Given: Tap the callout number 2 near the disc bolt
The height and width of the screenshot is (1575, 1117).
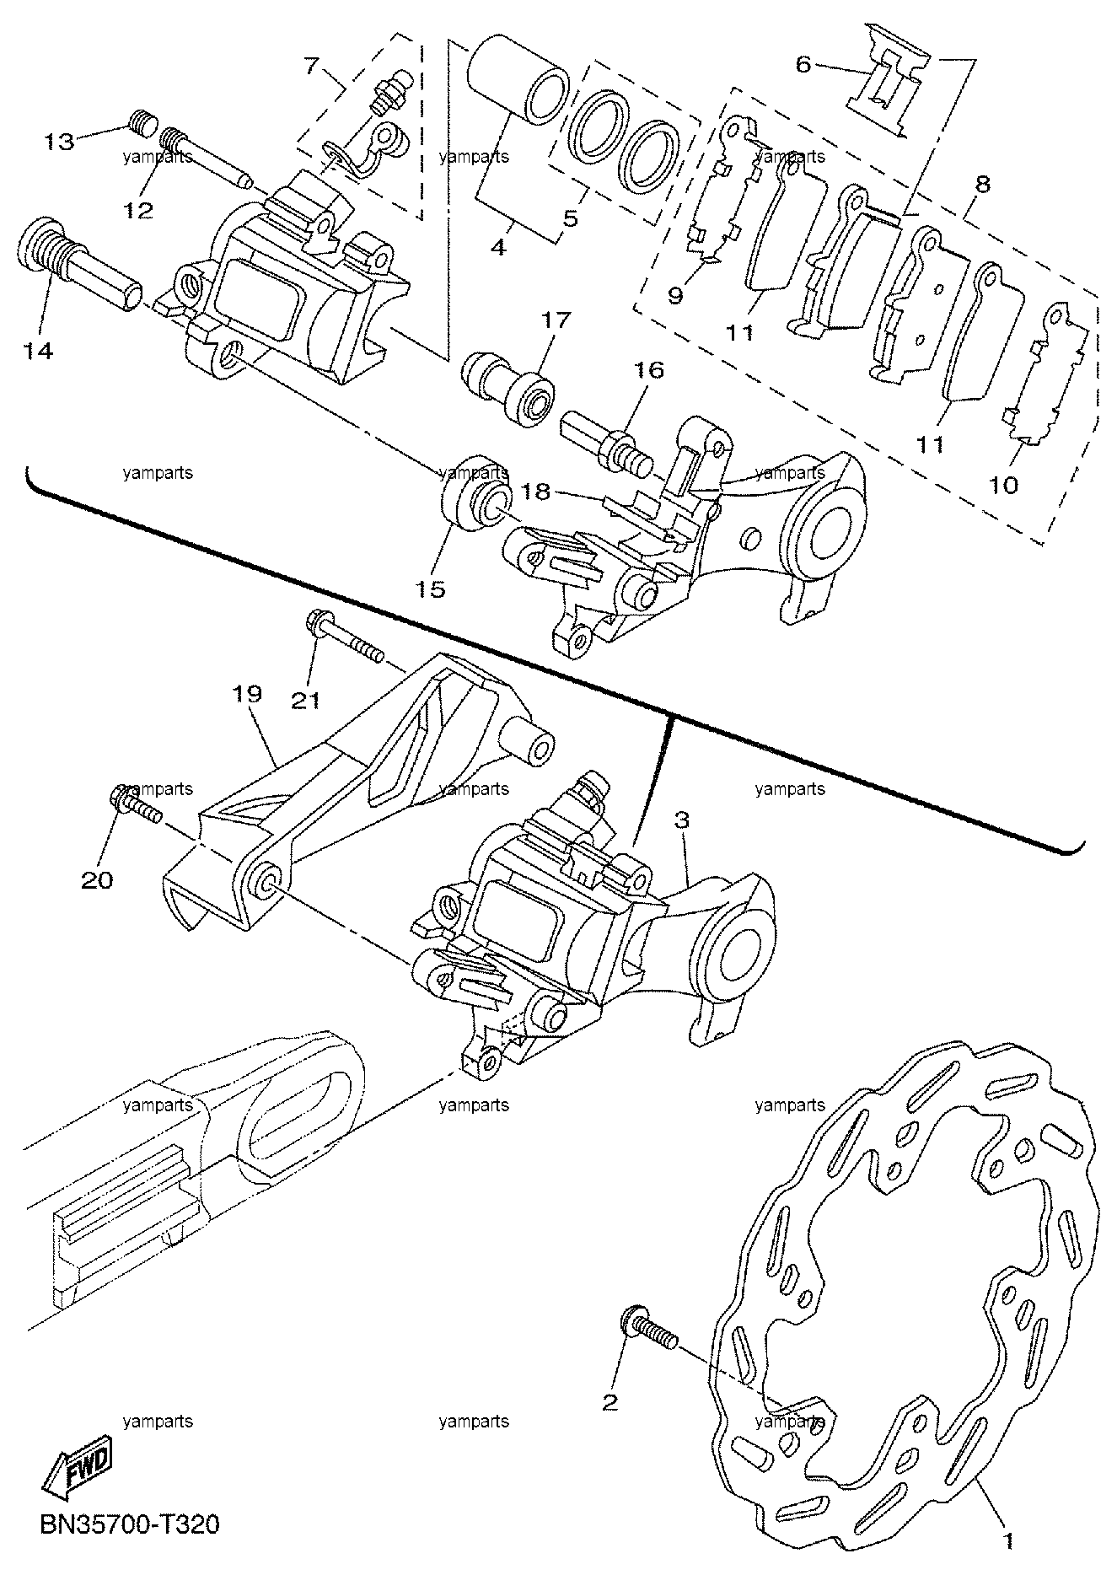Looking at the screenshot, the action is [610, 1401].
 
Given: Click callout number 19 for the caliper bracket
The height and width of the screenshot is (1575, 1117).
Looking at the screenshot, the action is [250, 694].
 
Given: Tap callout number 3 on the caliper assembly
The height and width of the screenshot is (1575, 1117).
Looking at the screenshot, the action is [681, 820].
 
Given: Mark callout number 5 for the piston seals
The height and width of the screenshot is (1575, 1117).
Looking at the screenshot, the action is [570, 219].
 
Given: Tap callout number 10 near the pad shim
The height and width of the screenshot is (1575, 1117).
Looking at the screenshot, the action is [1003, 486].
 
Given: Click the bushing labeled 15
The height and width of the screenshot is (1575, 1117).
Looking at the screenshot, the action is [475, 496].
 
